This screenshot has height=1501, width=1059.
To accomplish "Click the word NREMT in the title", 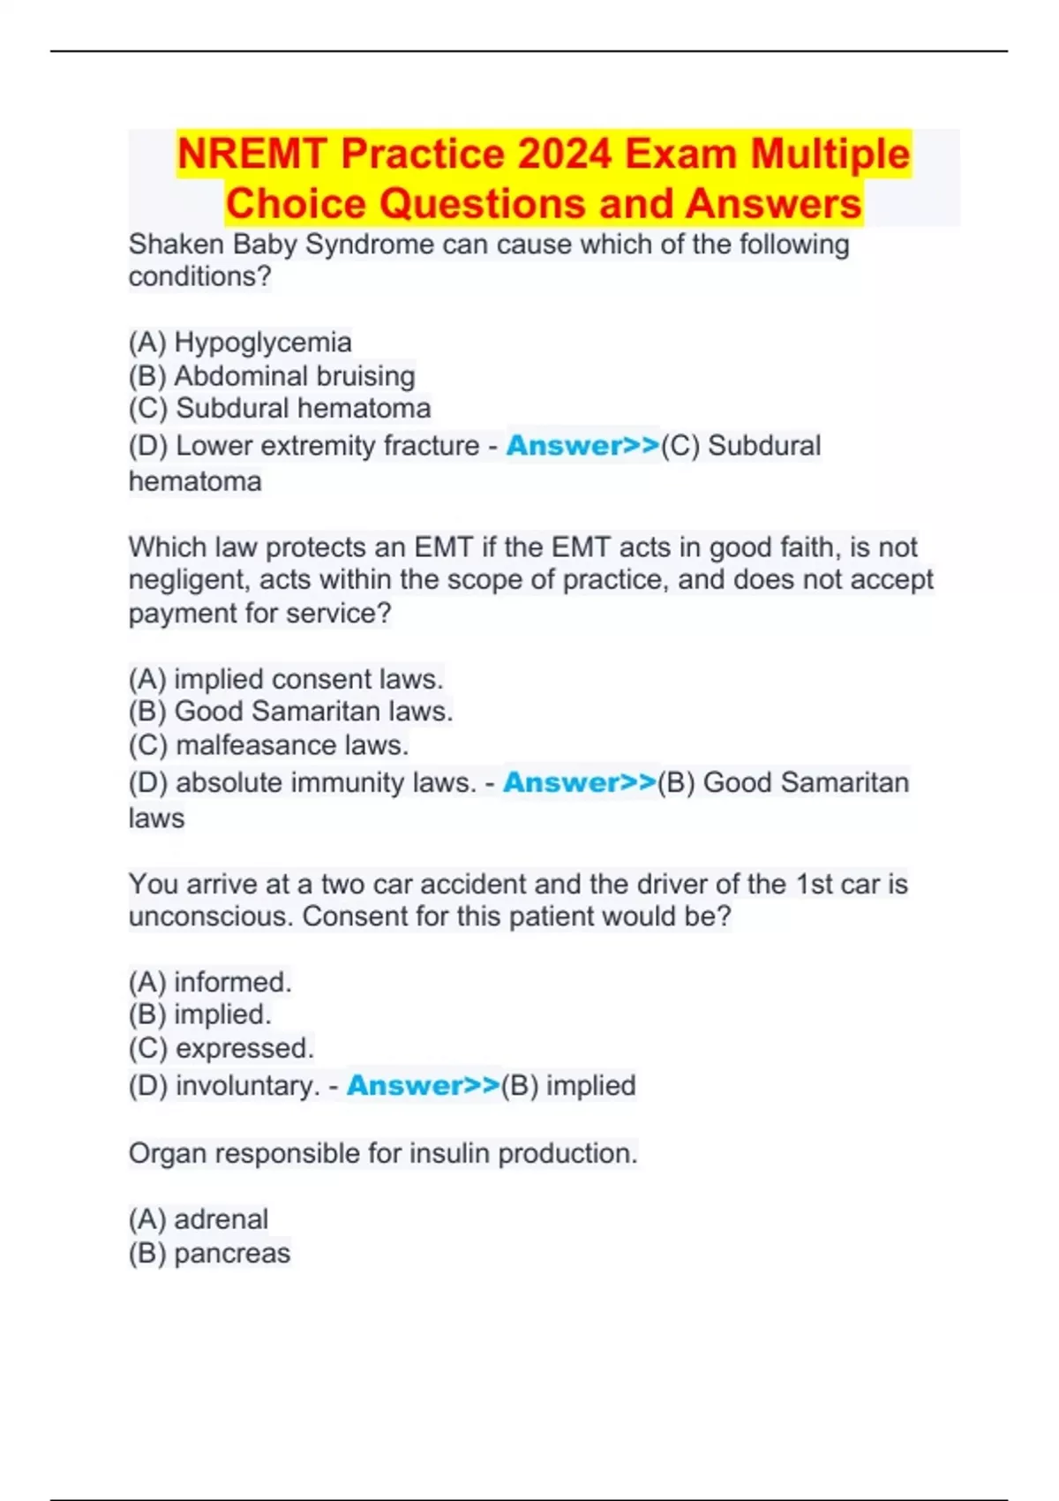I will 253,155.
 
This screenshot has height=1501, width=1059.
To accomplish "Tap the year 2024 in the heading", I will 565,155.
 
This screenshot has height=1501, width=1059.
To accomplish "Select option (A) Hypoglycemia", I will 240,343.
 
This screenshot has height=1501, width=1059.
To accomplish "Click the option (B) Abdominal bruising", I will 272,376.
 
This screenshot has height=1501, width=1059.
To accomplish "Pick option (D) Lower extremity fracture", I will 304,446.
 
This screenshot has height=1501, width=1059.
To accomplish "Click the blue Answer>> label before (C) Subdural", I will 582,446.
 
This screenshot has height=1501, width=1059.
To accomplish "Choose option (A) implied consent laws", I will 286,679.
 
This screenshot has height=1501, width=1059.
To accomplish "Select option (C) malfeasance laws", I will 268,745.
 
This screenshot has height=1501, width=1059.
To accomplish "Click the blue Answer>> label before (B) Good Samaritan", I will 580,783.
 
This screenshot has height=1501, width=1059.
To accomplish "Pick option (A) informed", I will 210,982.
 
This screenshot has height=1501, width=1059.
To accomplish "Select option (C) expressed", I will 222,1048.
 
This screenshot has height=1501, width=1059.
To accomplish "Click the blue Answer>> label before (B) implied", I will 424,1086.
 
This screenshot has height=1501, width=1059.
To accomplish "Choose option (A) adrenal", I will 199,1219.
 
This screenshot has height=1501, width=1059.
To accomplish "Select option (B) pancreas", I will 209,1253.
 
